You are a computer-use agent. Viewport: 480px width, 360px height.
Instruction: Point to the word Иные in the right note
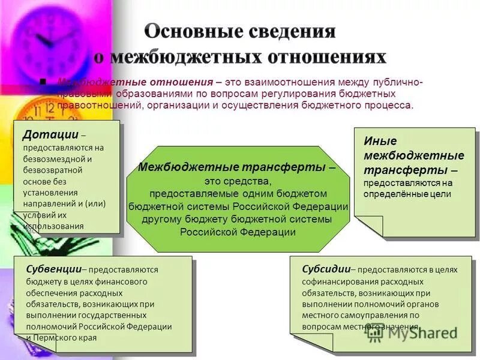point(380,142)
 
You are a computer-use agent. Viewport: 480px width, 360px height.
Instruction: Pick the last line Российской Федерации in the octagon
point(238,232)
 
